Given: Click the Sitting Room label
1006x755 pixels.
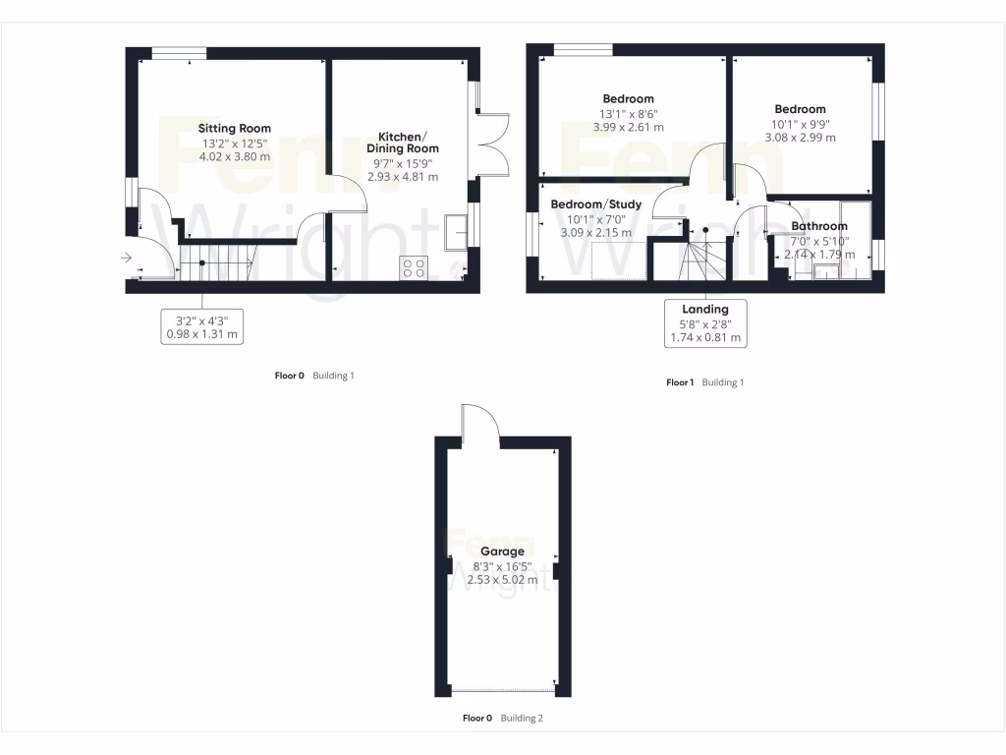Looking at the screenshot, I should (x=234, y=128).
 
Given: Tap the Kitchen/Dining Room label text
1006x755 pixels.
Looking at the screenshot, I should (x=402, y=142).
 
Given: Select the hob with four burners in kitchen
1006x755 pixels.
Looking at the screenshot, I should (x=414, y=267).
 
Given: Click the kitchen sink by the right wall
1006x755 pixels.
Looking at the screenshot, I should (x=456, y=230).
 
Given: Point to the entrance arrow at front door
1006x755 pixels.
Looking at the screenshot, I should (x=126, y=259).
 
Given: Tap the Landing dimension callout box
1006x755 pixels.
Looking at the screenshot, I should (x=704, y=323).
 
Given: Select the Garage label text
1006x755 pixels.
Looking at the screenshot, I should (x=501, y=552).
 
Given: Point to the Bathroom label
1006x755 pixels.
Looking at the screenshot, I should (x=818, y=226).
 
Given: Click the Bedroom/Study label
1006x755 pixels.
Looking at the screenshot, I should (x=595, y=204).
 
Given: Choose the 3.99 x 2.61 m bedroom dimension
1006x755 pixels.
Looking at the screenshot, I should (x=628, y=127).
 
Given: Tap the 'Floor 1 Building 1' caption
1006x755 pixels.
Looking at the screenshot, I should (x=704, y=382).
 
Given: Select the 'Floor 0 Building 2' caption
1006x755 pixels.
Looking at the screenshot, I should (x=502, y=718).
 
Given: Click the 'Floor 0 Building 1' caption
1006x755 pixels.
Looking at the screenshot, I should (x=313, y=376).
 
